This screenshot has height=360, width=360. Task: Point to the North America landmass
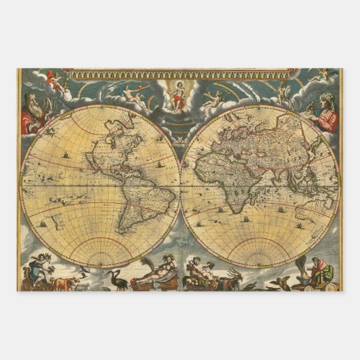point(102,153)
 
